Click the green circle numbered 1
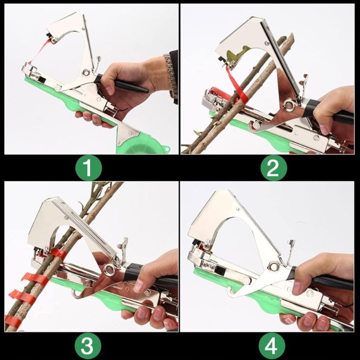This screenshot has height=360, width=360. coord(88,168)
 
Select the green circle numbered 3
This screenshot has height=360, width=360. coord(88,345)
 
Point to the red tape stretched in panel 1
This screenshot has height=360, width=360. coord(39,53)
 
